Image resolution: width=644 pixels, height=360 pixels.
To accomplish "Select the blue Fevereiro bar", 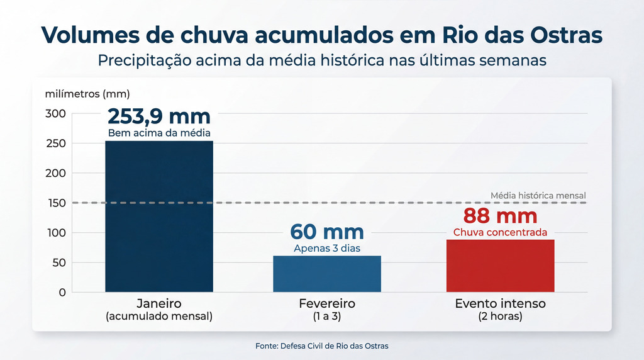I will pyautogui.click(x=327, y=274).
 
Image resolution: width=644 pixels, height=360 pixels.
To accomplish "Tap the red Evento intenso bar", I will pyautogui.click(x=500, y=266).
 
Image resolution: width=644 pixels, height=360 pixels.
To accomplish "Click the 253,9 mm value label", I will pyautogui.click(x=159, y=116).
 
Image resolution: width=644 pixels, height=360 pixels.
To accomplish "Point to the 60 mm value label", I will pyautogui.click(x=327, y=232).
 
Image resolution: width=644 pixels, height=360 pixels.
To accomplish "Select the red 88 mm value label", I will pyautogui.click(x=500, y=216).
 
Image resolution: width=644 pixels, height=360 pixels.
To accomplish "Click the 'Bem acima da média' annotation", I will pyautogui.click(x=159, y=133).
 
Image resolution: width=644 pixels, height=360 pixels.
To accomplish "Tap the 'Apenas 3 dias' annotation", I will pyautogui.click(x=327, y=248).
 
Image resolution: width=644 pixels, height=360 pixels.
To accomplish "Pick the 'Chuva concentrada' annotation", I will pyautogui.click(x=500, y=232).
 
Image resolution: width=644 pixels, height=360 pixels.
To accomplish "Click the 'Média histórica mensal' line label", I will pyautogui.click(x=538, y=196).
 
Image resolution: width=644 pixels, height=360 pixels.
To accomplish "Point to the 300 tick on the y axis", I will pyautogui.click(x=55, y=113).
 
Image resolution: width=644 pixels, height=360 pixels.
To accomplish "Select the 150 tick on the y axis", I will pyautogui.click(x=55, y=203).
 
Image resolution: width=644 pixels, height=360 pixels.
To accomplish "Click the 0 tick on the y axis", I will pyautogui.click(x=62, y=293).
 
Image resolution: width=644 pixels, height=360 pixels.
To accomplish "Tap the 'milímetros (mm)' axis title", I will pyautogui.click(x=87, y=94).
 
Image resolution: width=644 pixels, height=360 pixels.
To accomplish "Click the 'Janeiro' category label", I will pyautogui.click(x=159, y=304).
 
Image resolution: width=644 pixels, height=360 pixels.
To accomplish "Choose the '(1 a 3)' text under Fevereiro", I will pyautogui.click(x=327, y=317).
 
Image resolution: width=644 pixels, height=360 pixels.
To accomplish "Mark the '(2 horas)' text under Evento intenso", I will pyautogui.click(x=500, y=317).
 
